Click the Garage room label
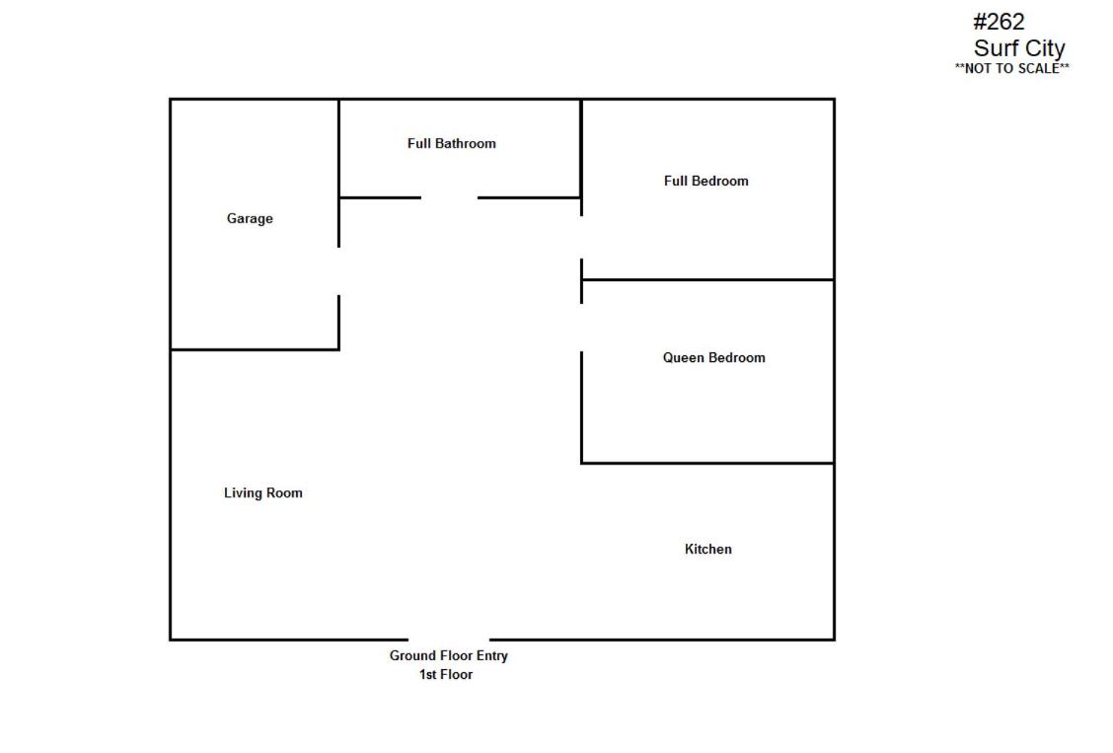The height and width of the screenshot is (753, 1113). pos(250,218)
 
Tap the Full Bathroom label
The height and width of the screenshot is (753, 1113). pos(452,143)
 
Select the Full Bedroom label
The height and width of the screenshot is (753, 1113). pos(706,181)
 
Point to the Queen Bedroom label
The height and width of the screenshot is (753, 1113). pos(714,357)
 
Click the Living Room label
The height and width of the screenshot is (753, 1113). pos(263,493)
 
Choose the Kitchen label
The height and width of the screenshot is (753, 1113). pos(708,550)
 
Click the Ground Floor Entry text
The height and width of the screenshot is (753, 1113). pos(449,655)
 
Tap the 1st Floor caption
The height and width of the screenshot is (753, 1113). pos(446,675)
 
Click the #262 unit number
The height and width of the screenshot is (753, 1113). pos(999,22)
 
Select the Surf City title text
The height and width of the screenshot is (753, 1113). pos(1019,48)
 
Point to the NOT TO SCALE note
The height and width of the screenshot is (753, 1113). pos(1012,69)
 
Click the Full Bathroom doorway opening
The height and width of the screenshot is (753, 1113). pos(449,198)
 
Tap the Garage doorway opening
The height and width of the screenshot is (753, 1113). pos(339,271)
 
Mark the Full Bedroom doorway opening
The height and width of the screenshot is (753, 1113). pos(582,237)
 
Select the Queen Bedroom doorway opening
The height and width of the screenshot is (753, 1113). pos(582,328)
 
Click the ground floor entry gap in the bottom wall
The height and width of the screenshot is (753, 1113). pos(449,640)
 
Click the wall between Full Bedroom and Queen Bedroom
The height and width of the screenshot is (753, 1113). pos(707,280)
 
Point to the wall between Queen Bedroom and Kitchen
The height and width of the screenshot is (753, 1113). pos(707,464)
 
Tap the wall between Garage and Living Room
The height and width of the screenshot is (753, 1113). pos(255,349)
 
